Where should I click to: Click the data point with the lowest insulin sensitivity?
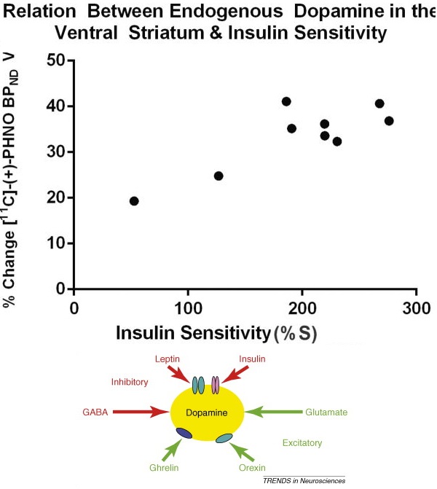[x=134, y=201]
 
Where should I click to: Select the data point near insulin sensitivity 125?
[x=219, y=176]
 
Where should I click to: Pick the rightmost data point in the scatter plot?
[x=389, y=121]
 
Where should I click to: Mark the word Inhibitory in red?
[x=130, y=382]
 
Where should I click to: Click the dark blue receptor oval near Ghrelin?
[x=184, y=434]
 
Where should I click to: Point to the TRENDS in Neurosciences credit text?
[x=304, y=482]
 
